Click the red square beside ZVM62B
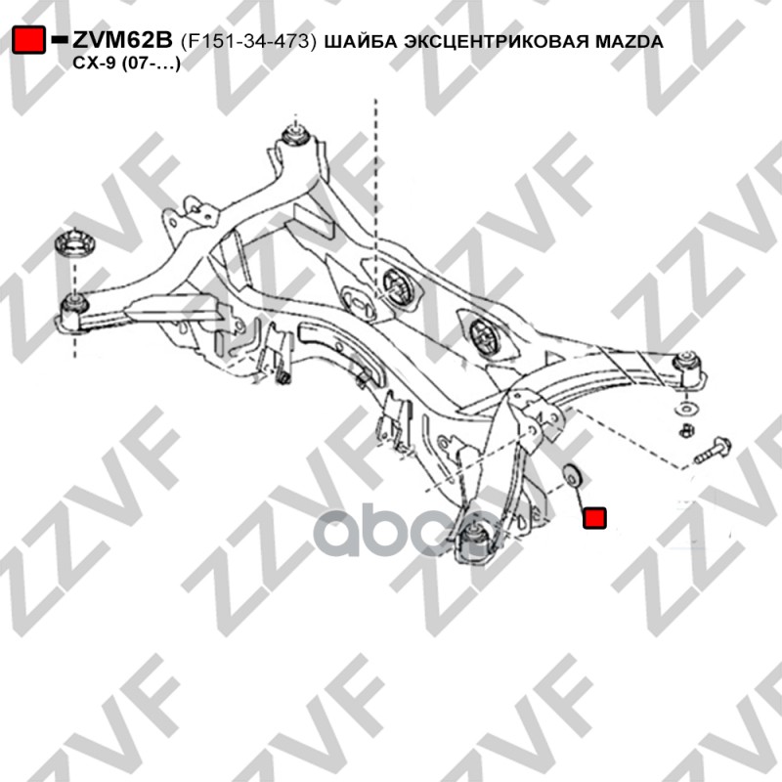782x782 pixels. tap(29, 41)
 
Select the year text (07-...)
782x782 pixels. tap(147, 62)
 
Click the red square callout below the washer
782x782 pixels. tap(594, 517)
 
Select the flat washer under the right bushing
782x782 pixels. tap(687, 407)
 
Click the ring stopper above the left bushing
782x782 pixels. tap(71, 244)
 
